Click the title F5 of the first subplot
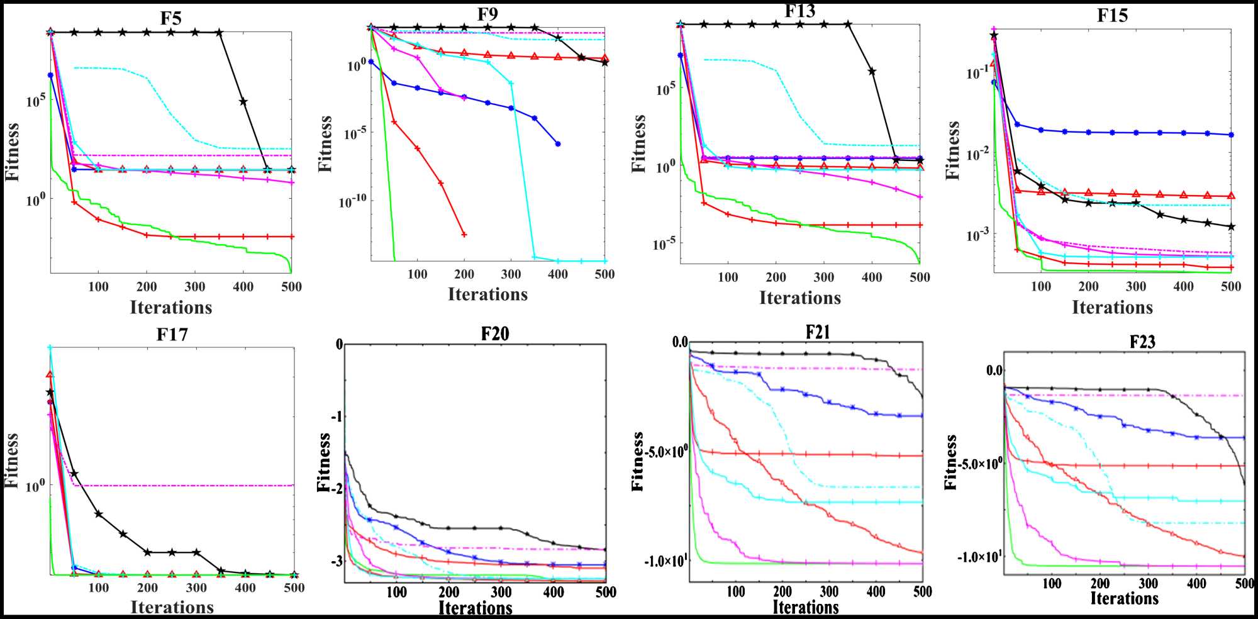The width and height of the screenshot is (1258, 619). pyautogui.click(x=170, y=18)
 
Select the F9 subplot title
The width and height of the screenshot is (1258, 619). pyautogui.click(x=487, y=14)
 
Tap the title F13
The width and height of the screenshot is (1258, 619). pyautogui.click(x=800, y=11)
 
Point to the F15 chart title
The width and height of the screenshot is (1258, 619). pyautogui.click(x=1112, y=16)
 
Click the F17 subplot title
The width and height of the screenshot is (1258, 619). pyautogui.click(x=172, y=335)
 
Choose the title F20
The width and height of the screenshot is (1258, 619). pyautogui.click(x=494, y=334)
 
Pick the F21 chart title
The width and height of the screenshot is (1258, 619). pyautogui.click(x=818, y=332)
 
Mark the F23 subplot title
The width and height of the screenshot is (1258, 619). pyautogui.click(x=1142, y=342)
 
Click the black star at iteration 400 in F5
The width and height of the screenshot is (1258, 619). pyautogui.click(x=243, y=101)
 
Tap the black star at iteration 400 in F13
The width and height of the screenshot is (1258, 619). pyautogui.click(x=872, y=71)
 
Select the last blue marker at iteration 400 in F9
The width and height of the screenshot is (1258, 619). pyautogui.click(x=558, y=144)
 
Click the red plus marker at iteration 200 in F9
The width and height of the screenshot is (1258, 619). pyautogui.click(x=464, y=235)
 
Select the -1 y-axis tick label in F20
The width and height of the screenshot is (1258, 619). pyautogui.click(x=338, y=416)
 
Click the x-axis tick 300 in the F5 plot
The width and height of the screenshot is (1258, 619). pyautogui.click(x=194, y=287)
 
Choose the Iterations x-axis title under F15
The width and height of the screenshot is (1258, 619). pyautogui.click(x=1112, y=308)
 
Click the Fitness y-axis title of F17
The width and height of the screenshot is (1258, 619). pyautogui.click(x=11, y=460)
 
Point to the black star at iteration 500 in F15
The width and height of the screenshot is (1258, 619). pyautogui.click(x=1231, y=226)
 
